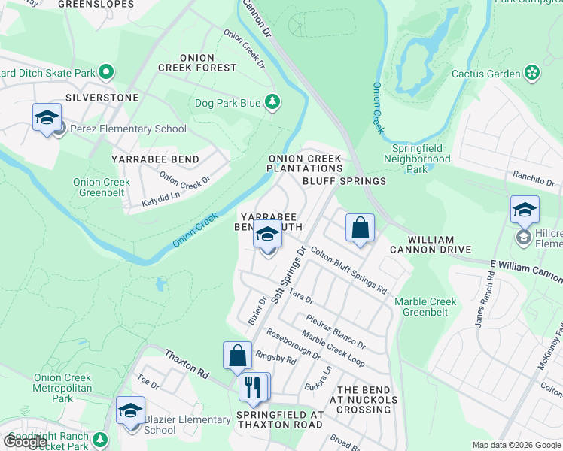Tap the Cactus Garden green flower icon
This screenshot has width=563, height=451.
(532, 73)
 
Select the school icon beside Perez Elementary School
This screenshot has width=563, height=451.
(47, 119)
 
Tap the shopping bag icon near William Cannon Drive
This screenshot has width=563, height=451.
(361, 228)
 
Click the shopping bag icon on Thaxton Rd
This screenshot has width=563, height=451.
(237, 356)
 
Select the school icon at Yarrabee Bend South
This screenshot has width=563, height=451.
(267, 235)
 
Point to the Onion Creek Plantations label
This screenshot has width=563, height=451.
(306, 163)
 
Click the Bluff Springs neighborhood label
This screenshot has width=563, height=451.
(344, 181)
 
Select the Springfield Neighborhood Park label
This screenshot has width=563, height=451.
(417, 159)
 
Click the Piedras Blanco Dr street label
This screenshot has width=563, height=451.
(335, 331)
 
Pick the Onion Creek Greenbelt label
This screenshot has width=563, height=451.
(102, 187)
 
